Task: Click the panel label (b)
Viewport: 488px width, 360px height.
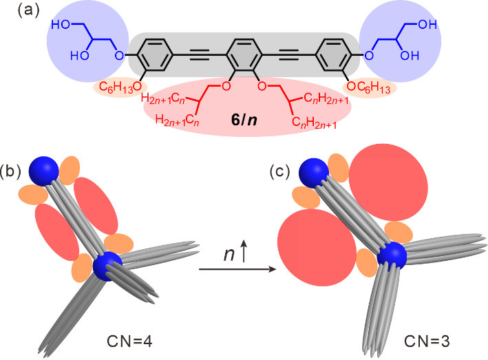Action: [10, 171]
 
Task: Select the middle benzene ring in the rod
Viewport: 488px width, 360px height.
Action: [243, 54]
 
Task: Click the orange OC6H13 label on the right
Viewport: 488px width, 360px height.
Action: [370, 87]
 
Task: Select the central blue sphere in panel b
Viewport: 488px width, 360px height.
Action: [108, 266]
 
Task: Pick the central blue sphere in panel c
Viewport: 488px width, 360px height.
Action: [392, 255]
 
